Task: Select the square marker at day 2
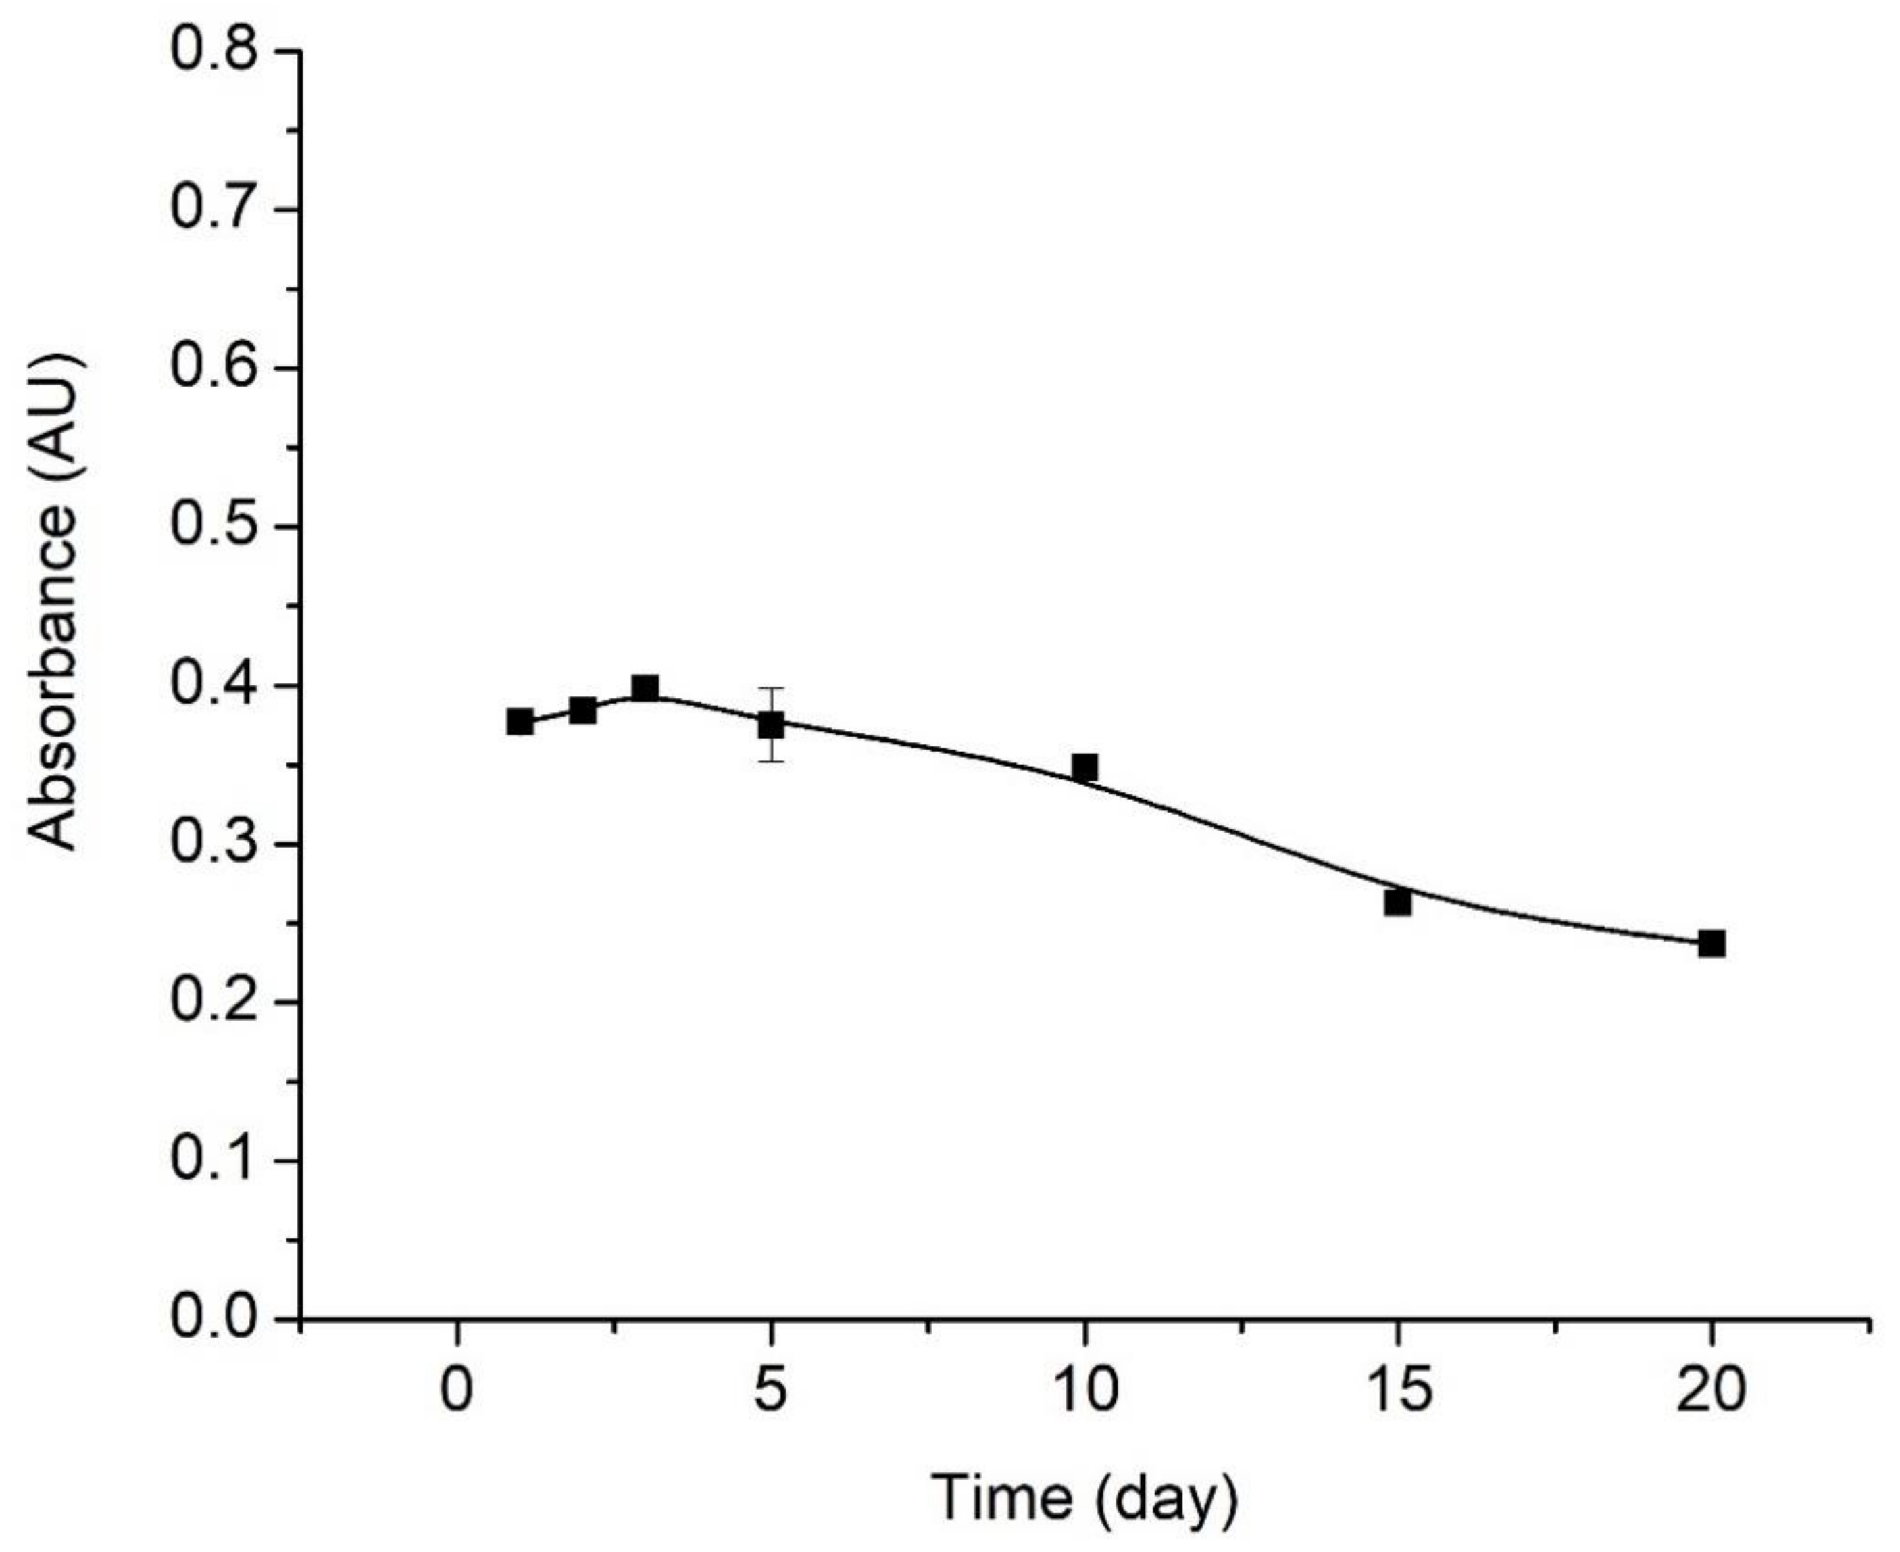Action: click(582, 710)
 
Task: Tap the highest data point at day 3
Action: click(645, 688)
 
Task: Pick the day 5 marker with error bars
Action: click(771, 725)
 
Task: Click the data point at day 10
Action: click(1085, 767)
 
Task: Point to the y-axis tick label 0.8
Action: click(214, 51)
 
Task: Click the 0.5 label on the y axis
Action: click(214, 527)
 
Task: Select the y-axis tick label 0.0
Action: click(214, 1319)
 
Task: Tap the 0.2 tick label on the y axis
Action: click(214, 1002)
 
